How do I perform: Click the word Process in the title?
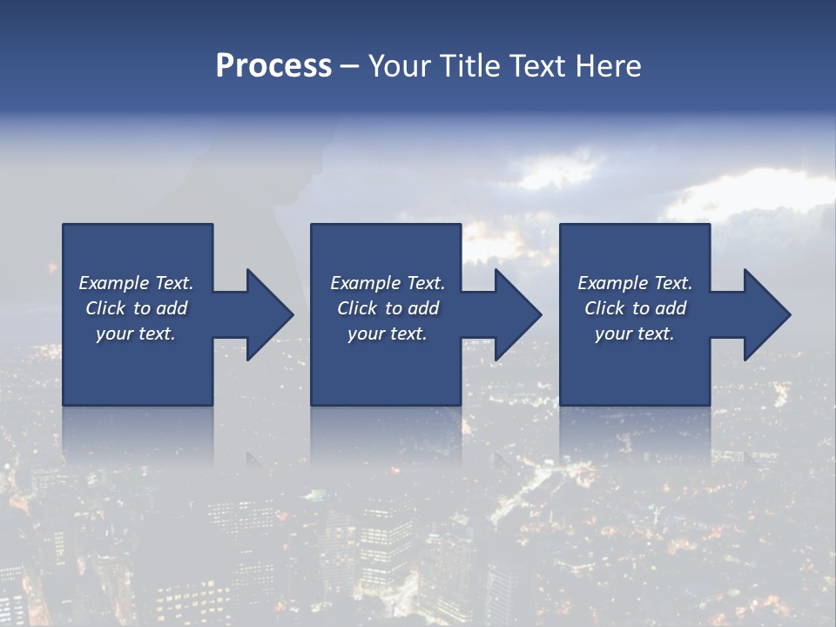tap(273, 66)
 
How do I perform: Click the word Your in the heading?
tap(401, 66)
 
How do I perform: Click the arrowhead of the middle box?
tap(517, 314)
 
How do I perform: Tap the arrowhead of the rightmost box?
tap(766, 314)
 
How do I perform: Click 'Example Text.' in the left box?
tap(136, 283)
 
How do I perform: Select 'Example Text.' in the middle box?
tap(387, 283)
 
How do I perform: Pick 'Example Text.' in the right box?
tap(635, 283)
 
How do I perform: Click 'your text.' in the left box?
tap(136, 334)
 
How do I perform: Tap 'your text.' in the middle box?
tap(387, 334)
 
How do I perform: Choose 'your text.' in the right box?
tap(635, 334)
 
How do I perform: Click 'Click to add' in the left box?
tap(136, 308)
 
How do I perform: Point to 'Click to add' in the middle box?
tap(387, 308)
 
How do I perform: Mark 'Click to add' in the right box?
tap(635, 308)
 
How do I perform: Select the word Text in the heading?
tap(534, 66)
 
